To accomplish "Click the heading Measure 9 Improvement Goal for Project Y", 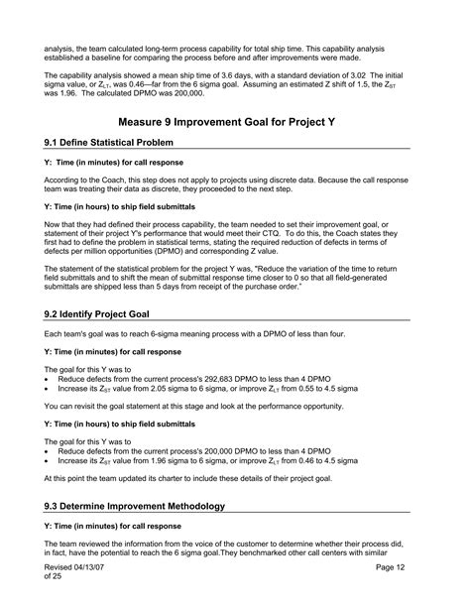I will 235,121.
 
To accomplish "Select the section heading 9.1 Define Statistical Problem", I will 117,143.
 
